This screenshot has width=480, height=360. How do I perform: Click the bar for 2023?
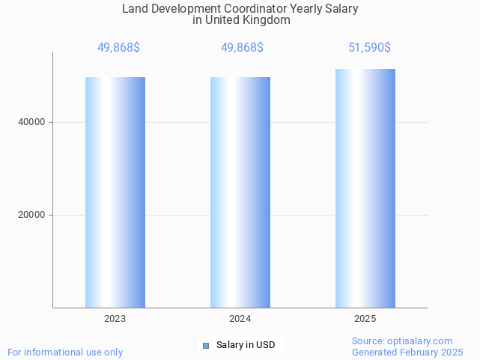coord(115,192)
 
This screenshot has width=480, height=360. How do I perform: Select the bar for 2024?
coord(240,192)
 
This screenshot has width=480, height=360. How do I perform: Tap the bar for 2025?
coord(365,188)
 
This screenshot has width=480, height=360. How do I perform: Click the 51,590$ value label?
coord(369,48)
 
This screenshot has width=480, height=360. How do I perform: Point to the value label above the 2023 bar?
coord(118,48)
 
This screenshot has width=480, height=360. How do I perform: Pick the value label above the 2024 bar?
coord(242,48)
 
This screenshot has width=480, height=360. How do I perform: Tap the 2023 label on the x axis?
coord(115,319)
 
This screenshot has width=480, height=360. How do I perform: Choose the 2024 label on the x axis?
coord(240,319)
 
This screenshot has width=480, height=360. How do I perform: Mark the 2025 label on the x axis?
coord(365,319)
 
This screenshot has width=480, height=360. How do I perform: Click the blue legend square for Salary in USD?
coord(206,345)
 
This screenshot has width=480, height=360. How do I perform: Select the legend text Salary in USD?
coord(246,345)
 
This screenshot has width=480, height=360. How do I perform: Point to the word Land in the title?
coord(134,9)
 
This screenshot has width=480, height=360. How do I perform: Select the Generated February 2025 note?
coord(407,352)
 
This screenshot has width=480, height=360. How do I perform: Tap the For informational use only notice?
coord(65,352)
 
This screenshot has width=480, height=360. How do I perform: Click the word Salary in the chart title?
coord(341,9)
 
